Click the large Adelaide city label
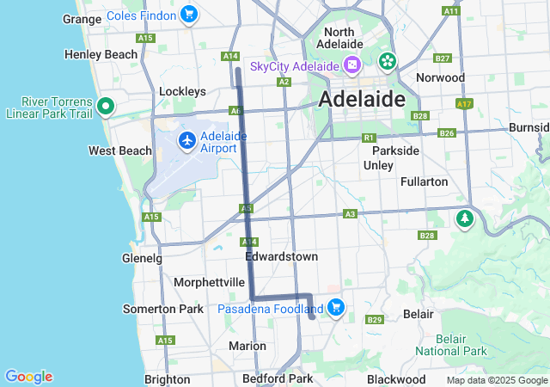[362, 99]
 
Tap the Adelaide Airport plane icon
[186, 139]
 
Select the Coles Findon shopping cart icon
[189, 14]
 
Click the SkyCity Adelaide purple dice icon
[351, 66]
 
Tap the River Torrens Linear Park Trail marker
[106, 107]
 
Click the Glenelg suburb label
[142, 258]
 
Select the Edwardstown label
[281, 256]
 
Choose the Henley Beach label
[101, 54]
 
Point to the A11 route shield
[450, 10]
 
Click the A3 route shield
[350, 213]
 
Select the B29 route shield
[374, 320]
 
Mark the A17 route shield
[465, 103]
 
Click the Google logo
[28, 377]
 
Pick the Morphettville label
[210, 282]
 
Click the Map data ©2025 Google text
[497, 380]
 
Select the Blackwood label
[396, 379]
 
